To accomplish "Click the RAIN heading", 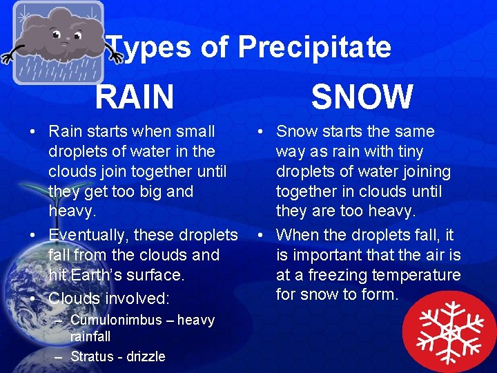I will point(135,96).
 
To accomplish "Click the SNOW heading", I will point(362,96).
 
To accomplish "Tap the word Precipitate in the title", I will point(314,48).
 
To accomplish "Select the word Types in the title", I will point(150,48).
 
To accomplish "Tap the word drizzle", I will point(143,356).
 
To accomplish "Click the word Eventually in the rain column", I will point(88,235).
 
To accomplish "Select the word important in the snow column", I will point(328,255).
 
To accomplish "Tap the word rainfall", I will point(90,336).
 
